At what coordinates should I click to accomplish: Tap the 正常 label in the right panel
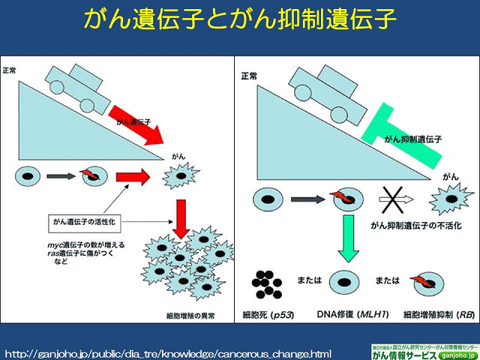tap(250, 76)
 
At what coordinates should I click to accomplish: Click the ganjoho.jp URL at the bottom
tap(168, 352)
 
